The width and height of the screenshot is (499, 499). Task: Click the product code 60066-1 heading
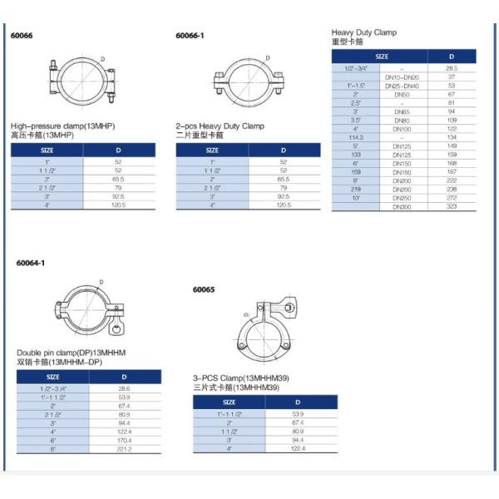[x=190, y=36]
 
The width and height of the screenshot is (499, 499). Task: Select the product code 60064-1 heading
[x=31, y=263]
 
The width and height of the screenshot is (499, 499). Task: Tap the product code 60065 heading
[x=204, y=290]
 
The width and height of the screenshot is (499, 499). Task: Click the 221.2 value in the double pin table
[x=125, y=449]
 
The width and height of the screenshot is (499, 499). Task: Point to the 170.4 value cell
[x=125, y=441]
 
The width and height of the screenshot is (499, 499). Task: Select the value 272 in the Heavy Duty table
[x=451, y=197]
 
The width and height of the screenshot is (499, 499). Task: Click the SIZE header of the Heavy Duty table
[x=381, y=57]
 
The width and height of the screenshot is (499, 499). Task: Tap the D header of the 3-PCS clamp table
[x=298, y=403]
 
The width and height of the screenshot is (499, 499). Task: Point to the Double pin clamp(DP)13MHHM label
[x=71, y=353]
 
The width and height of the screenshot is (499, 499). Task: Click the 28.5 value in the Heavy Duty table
[x=451, y=68]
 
